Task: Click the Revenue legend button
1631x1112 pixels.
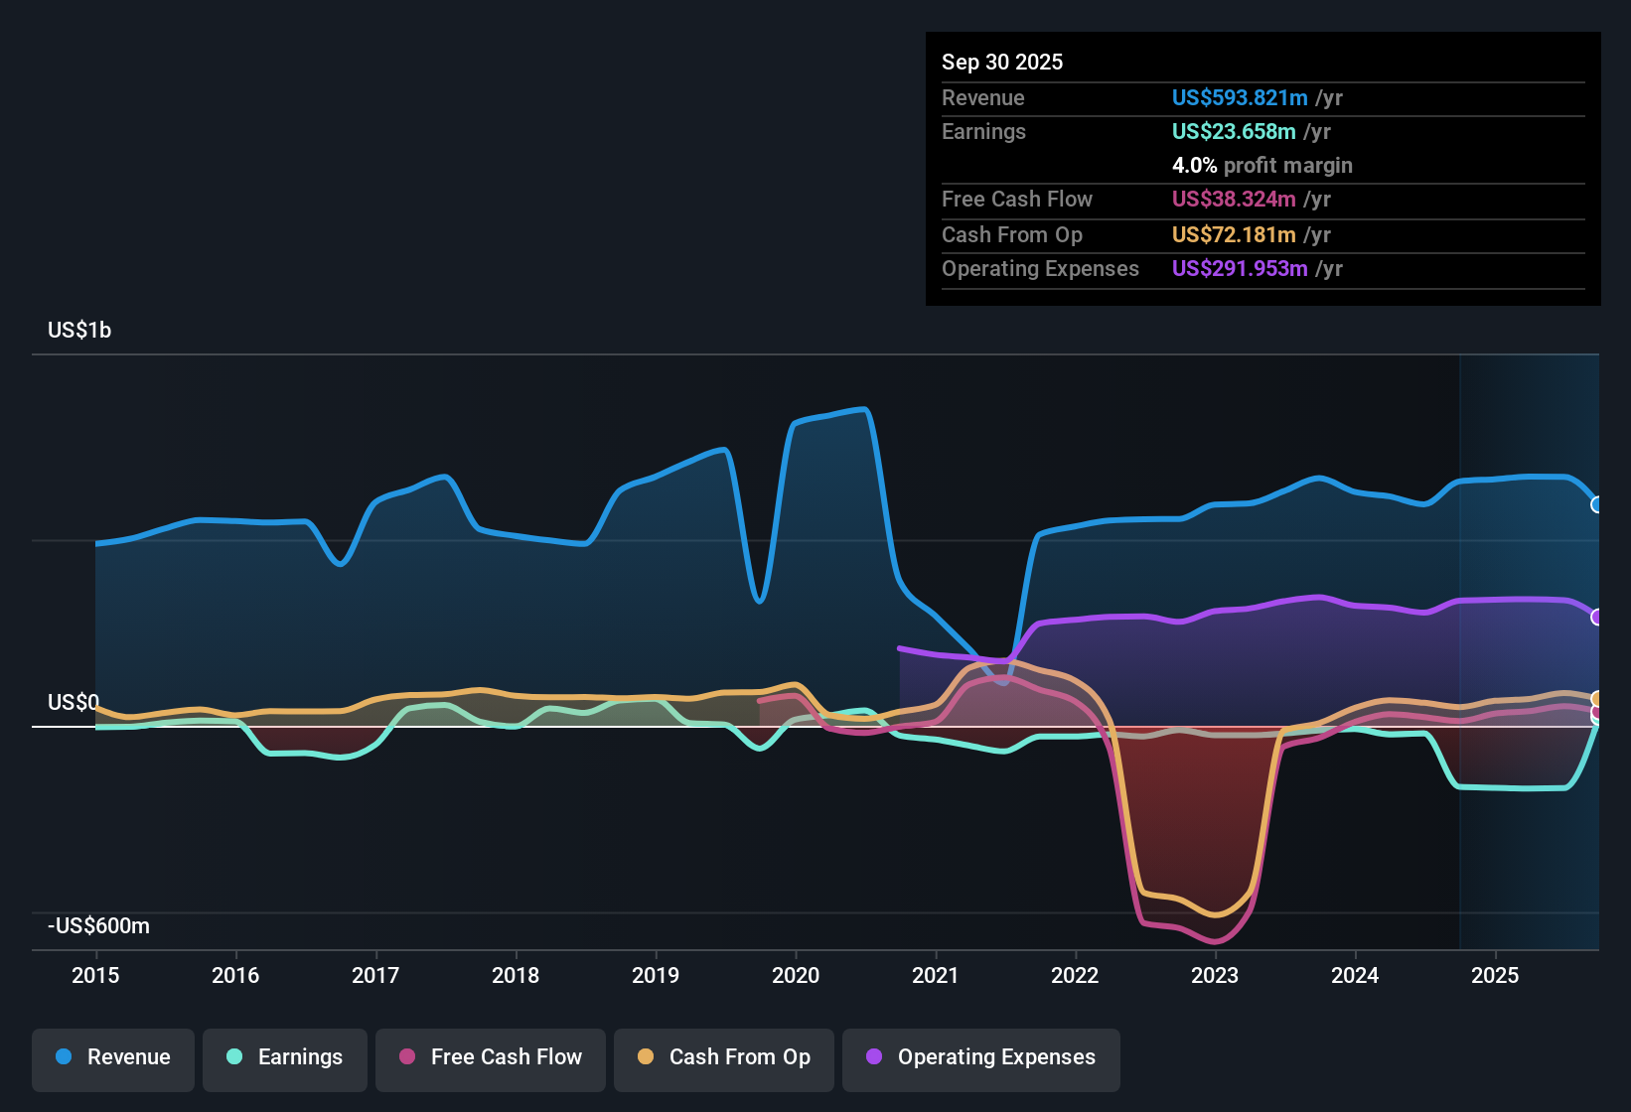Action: click(x=113, y=1057)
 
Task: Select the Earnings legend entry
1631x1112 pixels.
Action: click(x=285, y=1057)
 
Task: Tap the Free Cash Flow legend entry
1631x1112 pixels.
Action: click(x=491, y=1057)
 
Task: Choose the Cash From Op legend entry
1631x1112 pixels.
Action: click(x=724, y=1057)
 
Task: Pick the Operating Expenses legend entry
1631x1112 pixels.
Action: click(x=981, y=1057)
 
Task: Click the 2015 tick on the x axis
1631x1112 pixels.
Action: click(x=95, y=975)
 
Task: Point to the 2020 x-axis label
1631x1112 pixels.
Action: click(x=796, y=975)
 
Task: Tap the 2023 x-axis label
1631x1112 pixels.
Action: click(x=1215, y=975)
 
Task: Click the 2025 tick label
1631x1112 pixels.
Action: click(x=1495, y=975)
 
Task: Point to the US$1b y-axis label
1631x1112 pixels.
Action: click(x=79, y=331)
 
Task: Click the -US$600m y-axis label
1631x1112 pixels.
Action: click(x=99, y=926)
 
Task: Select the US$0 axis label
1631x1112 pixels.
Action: click(x=74, y=703)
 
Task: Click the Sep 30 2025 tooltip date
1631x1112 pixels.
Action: click(x=1002, y=63)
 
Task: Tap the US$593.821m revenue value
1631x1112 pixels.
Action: click(x=1240, y=98)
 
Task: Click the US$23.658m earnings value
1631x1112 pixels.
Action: click(x=1234, y=132)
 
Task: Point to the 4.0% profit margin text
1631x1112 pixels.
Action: click(x=1261, y=166)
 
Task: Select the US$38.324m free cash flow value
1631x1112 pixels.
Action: click(x=1234, y=200)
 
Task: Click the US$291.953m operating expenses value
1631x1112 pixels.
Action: click(x=1240, y=269)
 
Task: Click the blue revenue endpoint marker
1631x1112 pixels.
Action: click(x=1597, y=504)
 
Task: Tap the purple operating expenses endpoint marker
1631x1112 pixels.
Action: click(x=1597, y=617)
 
